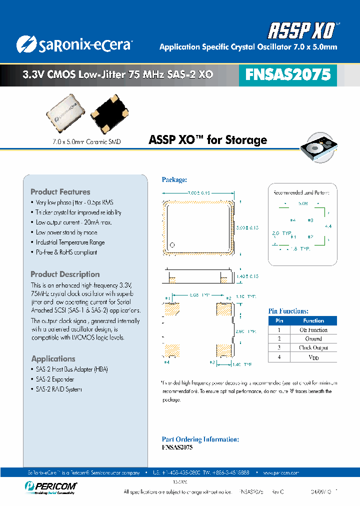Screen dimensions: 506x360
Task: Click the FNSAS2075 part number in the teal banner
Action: pyautogui.click(x=288, y=74)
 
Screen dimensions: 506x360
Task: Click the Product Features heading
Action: pyautogui.click(x=60, y=192)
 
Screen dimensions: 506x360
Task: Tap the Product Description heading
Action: pyautogui.click(x=65, y=274)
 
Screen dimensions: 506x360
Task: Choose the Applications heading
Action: pyautogui.click(x=53, y=359)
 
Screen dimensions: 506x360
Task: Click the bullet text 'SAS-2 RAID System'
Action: pyautogui.click(x=59, y=389)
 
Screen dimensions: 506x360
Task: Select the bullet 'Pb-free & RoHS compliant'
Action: pyautogui.click(x=66, y=252)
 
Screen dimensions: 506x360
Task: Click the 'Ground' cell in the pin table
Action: pyautogui.click(x=313, y=339)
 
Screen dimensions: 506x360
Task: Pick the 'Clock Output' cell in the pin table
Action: pyautogui.click(x=313, y=347)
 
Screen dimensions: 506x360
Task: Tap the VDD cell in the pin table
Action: pyautogui.click(x=313, y=357)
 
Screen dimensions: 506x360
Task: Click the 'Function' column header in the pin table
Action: pyautogui.click(x=313, y=321)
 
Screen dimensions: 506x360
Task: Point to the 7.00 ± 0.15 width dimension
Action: pyautogui.click(x=198, y=193)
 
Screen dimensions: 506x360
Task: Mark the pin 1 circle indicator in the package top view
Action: pyautogui.click(x=172, y=244)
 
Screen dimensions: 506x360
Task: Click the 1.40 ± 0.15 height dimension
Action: pyautogui.click(x=248, y=276)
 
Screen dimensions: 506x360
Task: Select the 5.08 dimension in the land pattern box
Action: pyautogui.click(x=303, y=204)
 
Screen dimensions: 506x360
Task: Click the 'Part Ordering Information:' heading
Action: pyautogui.click(x=200, y=439)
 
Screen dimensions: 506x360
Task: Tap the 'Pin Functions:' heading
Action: pyautogui.click(x=288, y=311)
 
